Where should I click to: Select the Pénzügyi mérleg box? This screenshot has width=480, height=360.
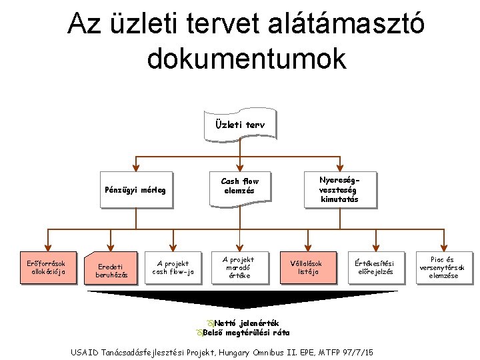(135, 190)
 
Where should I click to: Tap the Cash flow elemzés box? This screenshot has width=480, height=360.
(239, 186)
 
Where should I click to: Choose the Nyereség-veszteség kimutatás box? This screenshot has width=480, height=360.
(340, 189)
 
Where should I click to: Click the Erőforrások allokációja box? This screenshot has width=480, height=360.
(47, 267)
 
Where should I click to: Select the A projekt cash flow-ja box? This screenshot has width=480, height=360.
(173, 267)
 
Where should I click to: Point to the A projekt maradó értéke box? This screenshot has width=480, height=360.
(238, 267)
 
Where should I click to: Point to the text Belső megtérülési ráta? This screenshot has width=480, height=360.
(246, 332)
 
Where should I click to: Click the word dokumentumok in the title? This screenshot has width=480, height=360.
(247, 59)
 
